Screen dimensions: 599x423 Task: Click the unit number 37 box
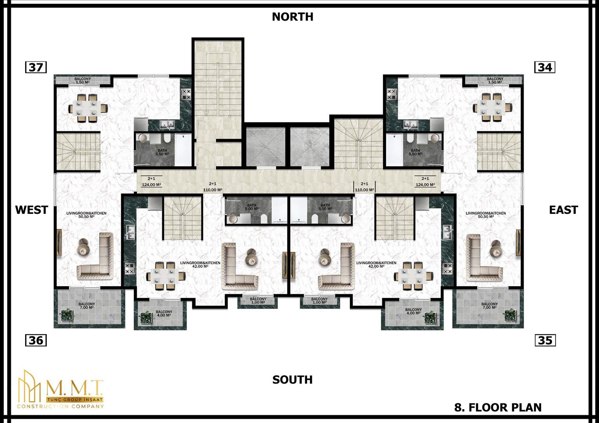pos(36,67)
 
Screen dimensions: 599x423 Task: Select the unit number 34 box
pos(545,67)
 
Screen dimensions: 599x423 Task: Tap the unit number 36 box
pos(36,340)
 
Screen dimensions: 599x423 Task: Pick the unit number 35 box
pos(545,340)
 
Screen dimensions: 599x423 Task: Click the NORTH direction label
pos(293,17)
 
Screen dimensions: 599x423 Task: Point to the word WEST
pos(31,210)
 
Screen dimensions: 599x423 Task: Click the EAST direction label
pos(564,210)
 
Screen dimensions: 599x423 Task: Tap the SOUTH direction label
pos(293,380)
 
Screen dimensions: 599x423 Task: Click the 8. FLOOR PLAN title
pos(498,407)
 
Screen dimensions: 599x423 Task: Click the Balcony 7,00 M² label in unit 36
pos(87,306)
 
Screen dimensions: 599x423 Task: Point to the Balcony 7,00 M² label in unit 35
pos(490,306)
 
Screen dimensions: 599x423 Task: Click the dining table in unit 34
pos(492,108)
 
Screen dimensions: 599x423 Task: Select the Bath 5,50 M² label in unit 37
pos(162,152)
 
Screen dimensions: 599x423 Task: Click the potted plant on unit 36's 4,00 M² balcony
pos(146,317)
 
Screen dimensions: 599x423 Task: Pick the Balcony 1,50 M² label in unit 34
pos(495,80)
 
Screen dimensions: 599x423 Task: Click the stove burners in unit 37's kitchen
pos(186,94)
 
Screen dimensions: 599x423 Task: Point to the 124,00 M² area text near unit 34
pos(425,185)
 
